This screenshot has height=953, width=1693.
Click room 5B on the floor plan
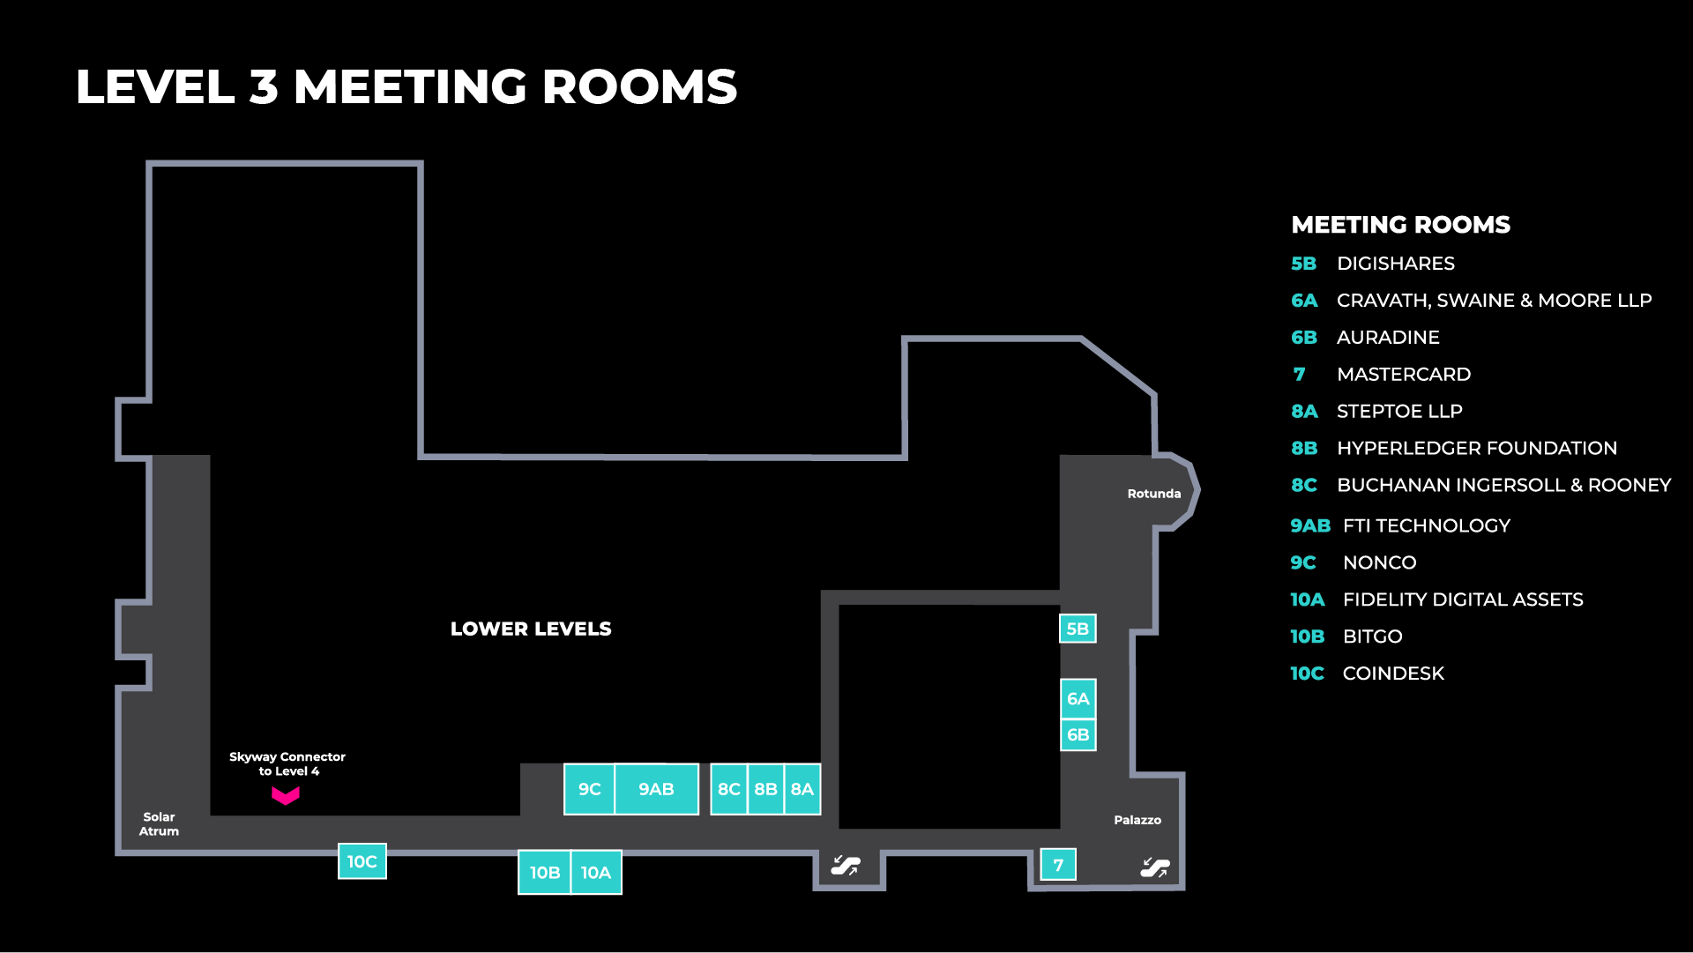1078,629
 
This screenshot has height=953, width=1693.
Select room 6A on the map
1078,698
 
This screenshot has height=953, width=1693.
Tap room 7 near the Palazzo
1058,865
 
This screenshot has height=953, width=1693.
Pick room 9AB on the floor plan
656,789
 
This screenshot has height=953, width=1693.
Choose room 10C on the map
362,861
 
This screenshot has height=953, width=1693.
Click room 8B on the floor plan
765,789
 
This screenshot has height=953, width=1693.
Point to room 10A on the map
596,872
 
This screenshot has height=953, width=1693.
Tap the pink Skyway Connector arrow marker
285,796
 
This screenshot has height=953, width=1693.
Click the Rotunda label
1153,494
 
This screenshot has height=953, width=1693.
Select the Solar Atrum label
159,823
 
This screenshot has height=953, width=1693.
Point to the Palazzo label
1137,820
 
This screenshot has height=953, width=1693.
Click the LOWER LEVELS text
531,629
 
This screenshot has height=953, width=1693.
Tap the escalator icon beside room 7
1154,867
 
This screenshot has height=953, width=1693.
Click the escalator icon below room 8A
846,866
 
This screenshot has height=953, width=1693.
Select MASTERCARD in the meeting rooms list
1403,374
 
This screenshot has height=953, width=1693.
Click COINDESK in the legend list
1392,674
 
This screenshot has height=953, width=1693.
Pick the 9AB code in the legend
1309,525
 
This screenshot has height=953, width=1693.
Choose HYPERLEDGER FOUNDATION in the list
1476,448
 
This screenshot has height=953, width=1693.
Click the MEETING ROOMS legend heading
1400,225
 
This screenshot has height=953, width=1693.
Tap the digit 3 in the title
264,87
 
